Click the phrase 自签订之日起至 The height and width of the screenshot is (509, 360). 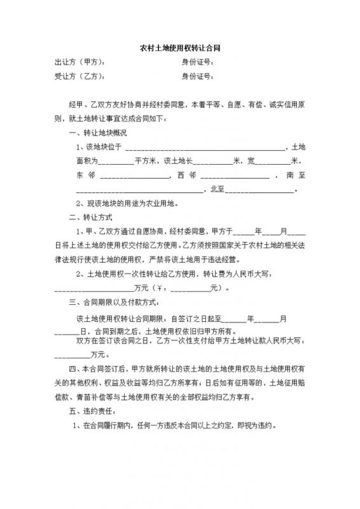[x=191, y=317]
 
